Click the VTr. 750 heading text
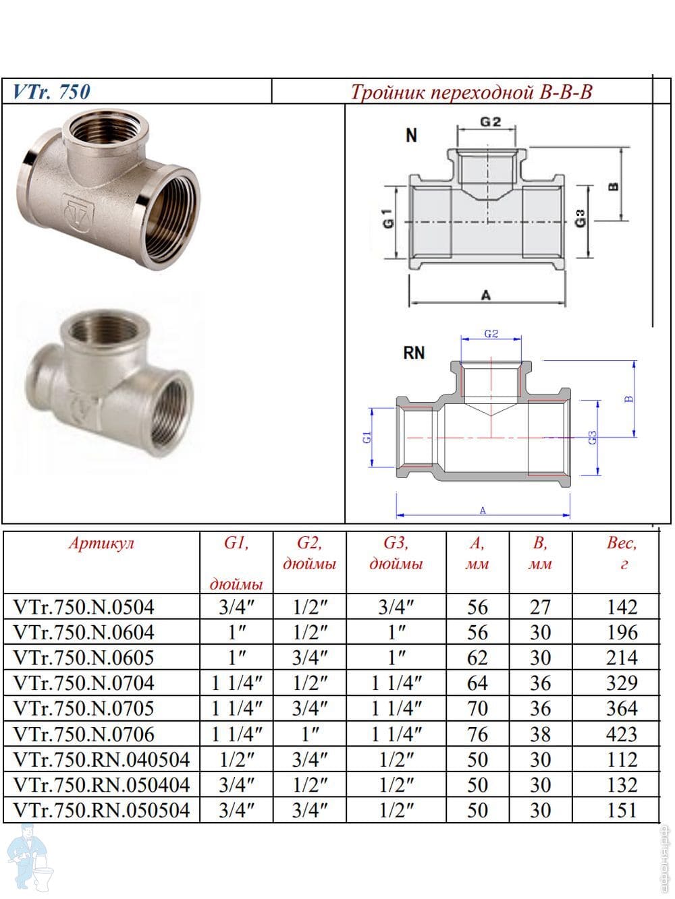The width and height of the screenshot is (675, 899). pos(52,92)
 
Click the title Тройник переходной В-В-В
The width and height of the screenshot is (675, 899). pos(471,92)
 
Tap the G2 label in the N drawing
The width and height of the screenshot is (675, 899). pos(491,122)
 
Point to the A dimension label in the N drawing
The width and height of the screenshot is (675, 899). pos(485,295)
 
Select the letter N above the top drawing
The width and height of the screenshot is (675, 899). pos(411,136)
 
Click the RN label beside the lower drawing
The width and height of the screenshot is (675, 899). pos(414,352)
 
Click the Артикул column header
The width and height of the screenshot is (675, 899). pos(101,544)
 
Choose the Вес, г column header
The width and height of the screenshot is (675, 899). pos(622,553)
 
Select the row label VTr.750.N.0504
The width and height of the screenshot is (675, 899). pos(84,607)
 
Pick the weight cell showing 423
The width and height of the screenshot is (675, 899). pos(622,734)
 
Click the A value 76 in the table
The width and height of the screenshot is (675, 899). pos(477,734)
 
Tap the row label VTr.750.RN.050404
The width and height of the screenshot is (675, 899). pos(101,785)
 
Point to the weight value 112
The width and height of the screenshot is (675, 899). pos(622,759)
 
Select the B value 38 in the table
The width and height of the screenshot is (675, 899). pos(540,734)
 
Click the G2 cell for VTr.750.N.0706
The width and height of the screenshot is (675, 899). pos(309,734)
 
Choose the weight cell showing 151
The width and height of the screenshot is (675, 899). pos(622,810)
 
